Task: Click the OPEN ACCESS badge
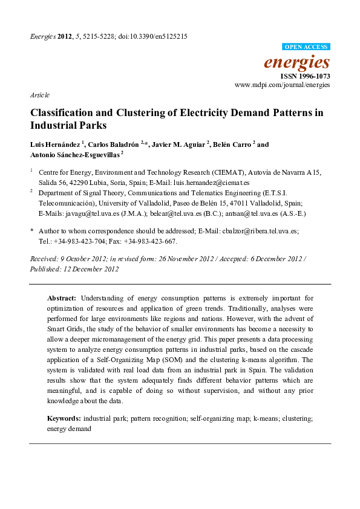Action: click(306, 47)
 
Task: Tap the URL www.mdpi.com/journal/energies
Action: click(282, 86)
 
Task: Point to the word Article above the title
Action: click(39, 96)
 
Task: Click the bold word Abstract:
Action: click(62, 298)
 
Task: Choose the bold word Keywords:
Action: click(64, 418)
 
